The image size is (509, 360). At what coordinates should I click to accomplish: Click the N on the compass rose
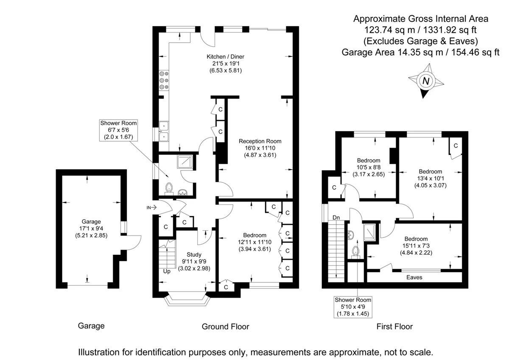point(426,81)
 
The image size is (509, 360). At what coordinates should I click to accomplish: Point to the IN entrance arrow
point(151,207)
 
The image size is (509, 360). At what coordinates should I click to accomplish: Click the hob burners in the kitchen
point(164,80)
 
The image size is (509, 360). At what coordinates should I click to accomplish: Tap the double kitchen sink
point(164,131)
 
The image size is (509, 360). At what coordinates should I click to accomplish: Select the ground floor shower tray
point(185,162)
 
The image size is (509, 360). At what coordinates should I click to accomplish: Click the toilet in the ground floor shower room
point(169,189)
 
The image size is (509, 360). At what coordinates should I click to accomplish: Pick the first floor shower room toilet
point(355,253)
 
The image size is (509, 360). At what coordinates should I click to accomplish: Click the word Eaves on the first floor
point(414,277)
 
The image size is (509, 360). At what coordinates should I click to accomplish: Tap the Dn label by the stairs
point(336,218)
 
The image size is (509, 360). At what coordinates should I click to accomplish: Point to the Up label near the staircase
point(167,272)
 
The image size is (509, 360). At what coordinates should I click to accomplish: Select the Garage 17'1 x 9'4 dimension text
point(91,228)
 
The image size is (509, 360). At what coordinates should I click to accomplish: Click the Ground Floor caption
point(225,327)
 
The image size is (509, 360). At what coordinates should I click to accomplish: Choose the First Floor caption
point(394,327)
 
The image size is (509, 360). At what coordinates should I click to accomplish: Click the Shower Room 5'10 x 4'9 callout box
point(353,307)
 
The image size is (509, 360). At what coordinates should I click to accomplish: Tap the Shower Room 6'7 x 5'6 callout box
point(118,130)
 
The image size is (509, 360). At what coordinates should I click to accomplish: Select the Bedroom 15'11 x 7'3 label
point(416,246)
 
